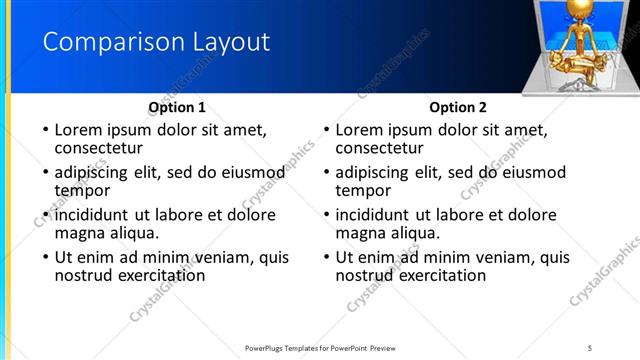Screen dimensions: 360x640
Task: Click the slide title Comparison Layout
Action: click(156, 43)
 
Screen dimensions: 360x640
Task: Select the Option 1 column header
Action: click(177, 107)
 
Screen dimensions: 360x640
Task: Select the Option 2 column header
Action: click(458, 107)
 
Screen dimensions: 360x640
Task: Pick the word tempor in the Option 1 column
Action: click(82, 190)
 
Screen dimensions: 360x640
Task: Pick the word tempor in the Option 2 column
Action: click(363, 190)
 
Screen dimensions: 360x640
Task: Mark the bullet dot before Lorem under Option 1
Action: click(42, 130)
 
